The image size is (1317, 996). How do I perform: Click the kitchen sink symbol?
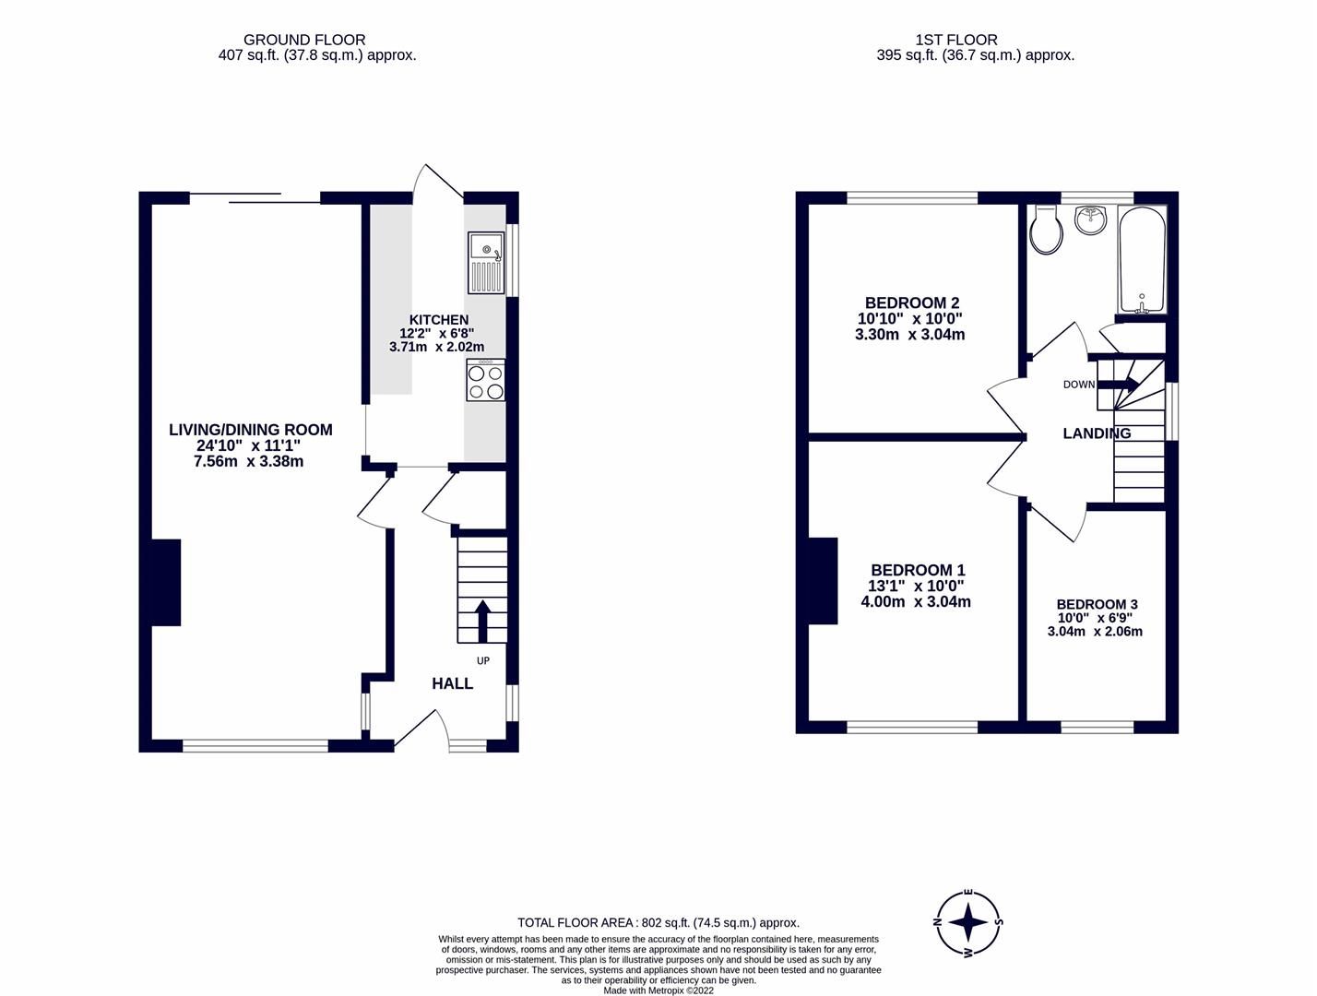[486, 263]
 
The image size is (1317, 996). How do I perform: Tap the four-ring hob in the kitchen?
[486, 382]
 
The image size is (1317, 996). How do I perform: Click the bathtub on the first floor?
[1142, 259]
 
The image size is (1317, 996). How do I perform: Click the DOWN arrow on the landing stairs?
[1118, 385]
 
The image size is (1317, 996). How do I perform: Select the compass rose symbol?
[968, 921]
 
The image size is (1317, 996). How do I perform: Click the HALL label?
[452, 683]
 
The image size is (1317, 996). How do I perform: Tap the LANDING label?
[1097, 433]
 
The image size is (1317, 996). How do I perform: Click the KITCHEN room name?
[439, 320]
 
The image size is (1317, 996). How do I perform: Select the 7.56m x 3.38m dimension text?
[248, 461]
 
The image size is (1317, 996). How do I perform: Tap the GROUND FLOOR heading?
[304, 40]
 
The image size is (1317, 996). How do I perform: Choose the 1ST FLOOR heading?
[956, 40]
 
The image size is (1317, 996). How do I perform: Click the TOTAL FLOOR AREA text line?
[658, 922]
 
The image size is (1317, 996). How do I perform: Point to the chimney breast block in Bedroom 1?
[823, 581]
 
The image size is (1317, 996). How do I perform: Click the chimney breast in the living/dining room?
[166, 583]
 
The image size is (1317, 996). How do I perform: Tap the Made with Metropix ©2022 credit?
[658, 990]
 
